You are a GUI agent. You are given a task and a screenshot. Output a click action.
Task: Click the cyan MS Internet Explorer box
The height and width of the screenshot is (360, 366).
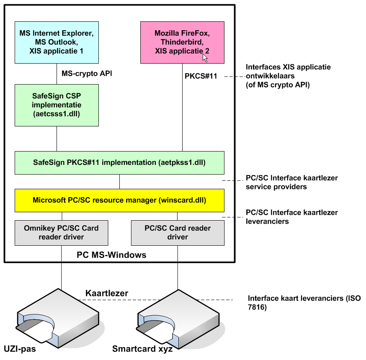tap(57, 42)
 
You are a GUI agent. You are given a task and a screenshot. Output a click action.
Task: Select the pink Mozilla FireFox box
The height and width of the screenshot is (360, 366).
tap(182, 42)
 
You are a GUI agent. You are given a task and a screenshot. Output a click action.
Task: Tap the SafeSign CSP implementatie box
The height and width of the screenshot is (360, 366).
tap(57, 105)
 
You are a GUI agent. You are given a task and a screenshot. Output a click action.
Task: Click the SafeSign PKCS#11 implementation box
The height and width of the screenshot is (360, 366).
tap(119, 163)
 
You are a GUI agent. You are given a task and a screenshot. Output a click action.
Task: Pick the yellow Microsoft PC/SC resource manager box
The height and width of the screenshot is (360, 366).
tap(119, 200)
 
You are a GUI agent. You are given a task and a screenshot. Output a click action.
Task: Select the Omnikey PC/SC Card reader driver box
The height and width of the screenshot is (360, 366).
tap(62, 233)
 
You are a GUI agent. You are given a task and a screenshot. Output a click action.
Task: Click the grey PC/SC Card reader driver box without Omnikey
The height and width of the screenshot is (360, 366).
tap(178, 233)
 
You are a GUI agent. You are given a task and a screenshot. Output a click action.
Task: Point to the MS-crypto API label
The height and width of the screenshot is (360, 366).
tap(87, 74)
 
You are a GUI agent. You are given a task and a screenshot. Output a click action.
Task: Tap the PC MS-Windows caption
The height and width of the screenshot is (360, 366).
tap(112, 255)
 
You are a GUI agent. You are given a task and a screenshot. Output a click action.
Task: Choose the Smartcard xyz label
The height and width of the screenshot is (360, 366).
tap(142, 349)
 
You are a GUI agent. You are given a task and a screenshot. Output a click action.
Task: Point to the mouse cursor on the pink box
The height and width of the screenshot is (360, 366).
tap(205, 58)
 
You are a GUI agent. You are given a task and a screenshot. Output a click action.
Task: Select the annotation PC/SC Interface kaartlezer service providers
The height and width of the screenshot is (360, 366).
tap(291, 182)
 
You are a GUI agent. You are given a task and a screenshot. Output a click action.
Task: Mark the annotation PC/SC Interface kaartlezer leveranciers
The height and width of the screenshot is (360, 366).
tap(291, 217)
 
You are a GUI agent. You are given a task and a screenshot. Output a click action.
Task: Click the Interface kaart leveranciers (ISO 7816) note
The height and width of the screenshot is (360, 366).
tap(299, 302)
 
